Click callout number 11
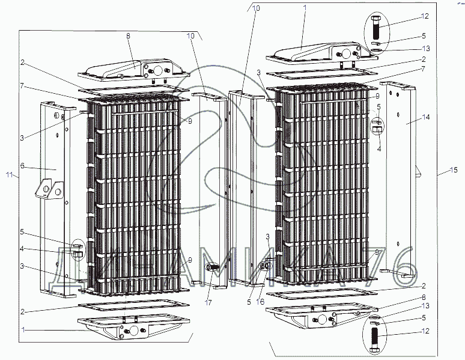pyautogui.click(x=10, y=175)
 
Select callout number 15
pyautogui.click(x=454, y=170)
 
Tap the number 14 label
pyautogui.click(x=425, y=117)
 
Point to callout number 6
pyautogui.click(x=22, y=166)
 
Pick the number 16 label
pyautogui.click(x=260, y=302)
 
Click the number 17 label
pyautogui.click(x=208, y=302)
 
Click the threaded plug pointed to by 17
pyautogui.click(x=212, y=267)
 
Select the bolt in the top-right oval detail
pyautogui.click(x=375, y=27)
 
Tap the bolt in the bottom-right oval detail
pyautogui.click(x=375, y=339)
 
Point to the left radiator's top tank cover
pyautogui.click(x=133, y=72)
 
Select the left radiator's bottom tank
pyautogui.click(x=133, y=329)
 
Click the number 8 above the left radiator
pyautogui.click(x=128, y=36)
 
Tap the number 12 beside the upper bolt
pyautogui.click(x=425, y=16)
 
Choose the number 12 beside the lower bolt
pyautogui.click(x=425, y=331)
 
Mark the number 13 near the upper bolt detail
pyautogui.click(x=426, y=48)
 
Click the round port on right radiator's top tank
pyautogui.click(x=345, y=54)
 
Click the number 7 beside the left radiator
pyautogui.click(x=22, y=87)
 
